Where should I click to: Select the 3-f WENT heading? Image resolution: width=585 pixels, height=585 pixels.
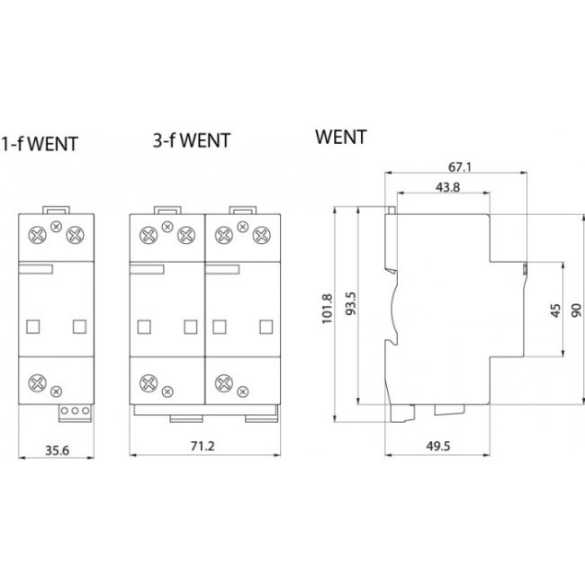coord(191,139)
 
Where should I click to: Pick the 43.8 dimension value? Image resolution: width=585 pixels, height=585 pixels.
coord(444,187)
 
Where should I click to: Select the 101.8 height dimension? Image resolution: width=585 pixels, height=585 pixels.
coord(327,310)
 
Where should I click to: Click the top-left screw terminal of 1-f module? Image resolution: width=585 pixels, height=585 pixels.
coord(40,237)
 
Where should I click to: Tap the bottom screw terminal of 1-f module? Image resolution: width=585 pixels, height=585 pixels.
coord(39,382)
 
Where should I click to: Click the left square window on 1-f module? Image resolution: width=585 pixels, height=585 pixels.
coord(34,325)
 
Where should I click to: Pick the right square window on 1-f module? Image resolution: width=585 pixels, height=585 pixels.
coord(78,325)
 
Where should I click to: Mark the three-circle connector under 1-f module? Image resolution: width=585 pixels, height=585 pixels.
coord(74,412)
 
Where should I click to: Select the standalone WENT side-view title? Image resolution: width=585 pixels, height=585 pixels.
coord(341,138)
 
